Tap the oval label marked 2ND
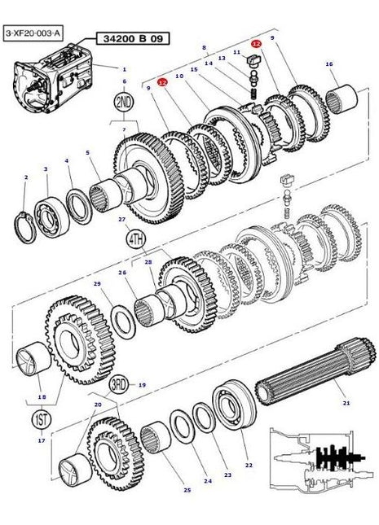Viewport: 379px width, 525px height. tap(125, 103)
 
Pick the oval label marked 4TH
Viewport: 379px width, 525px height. tap(134, 239)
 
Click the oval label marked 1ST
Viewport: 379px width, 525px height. tap(39, 420)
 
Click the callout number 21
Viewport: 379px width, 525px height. tap(346, 403)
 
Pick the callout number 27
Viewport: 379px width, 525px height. tap(121, 219)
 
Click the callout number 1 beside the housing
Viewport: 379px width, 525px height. tap(124, 69)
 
